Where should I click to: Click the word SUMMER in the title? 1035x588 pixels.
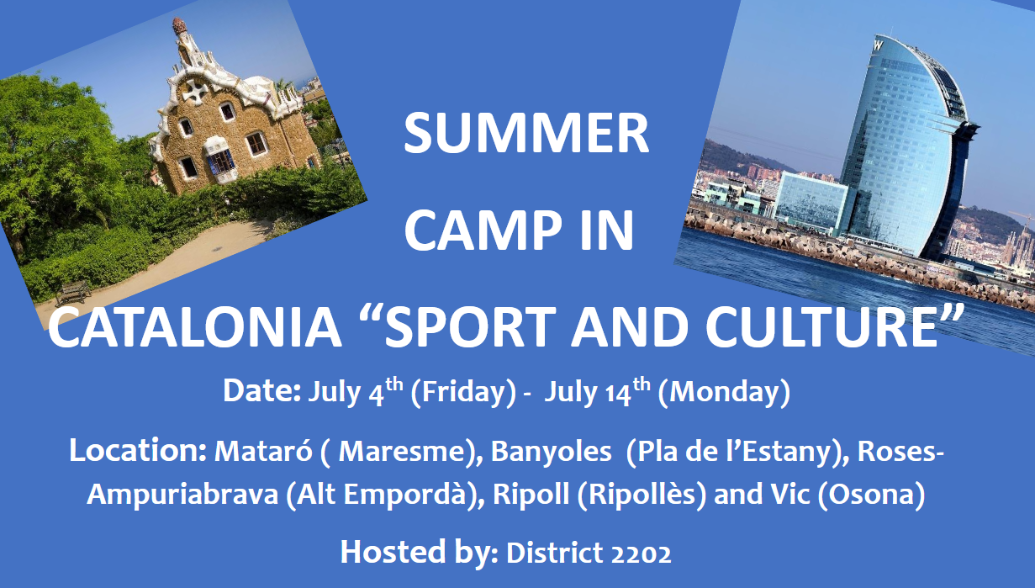[x=526, y=134]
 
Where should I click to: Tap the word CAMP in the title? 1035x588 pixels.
[x=483, y=230]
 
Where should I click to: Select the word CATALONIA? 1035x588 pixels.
[x=194, y=326]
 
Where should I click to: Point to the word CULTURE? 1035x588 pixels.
[x=822, y=326]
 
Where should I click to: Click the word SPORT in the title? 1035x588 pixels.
[x=470, y=326]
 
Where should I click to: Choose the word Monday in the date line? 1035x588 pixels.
[x=724, y=393]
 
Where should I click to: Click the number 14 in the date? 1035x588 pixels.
[x=618, y=394]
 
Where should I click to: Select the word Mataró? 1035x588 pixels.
[x=263, y=451]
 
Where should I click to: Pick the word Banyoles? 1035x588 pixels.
[x=551, y=452]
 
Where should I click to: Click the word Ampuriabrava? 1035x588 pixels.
[x=182, y=495]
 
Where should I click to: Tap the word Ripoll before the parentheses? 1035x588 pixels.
[x=531, y=494]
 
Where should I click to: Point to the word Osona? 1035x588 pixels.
[x=871, y=495]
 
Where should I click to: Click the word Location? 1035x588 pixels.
[x=138, y=451]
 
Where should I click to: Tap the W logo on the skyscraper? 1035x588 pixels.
[x=879, y=45]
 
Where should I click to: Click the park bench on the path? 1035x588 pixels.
[x=72, y=293]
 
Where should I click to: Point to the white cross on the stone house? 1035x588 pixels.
[x=195, y=92]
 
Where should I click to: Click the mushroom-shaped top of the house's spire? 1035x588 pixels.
[x=180, y=26]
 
